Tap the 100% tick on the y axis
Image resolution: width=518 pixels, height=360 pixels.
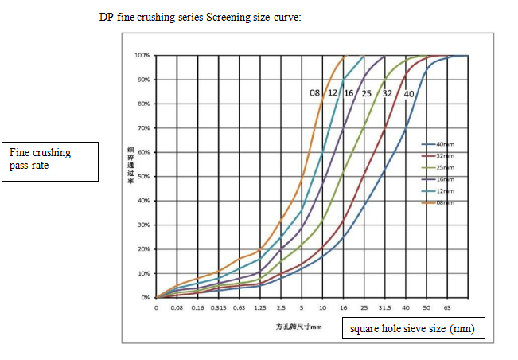pos(142,56)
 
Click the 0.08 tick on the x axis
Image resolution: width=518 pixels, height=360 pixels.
pos(177,307)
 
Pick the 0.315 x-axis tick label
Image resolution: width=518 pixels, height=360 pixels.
pos(218,307)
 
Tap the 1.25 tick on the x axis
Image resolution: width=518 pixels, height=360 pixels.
pos(259,307)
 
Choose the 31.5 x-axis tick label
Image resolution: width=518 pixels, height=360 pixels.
pos(384,307)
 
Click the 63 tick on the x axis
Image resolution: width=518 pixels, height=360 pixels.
pos(446,307)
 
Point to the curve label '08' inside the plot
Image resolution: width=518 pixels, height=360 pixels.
pos(315,94)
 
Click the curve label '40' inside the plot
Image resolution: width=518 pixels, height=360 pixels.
pos(409,94)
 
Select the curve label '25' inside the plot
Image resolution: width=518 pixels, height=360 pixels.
pos(366,94)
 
